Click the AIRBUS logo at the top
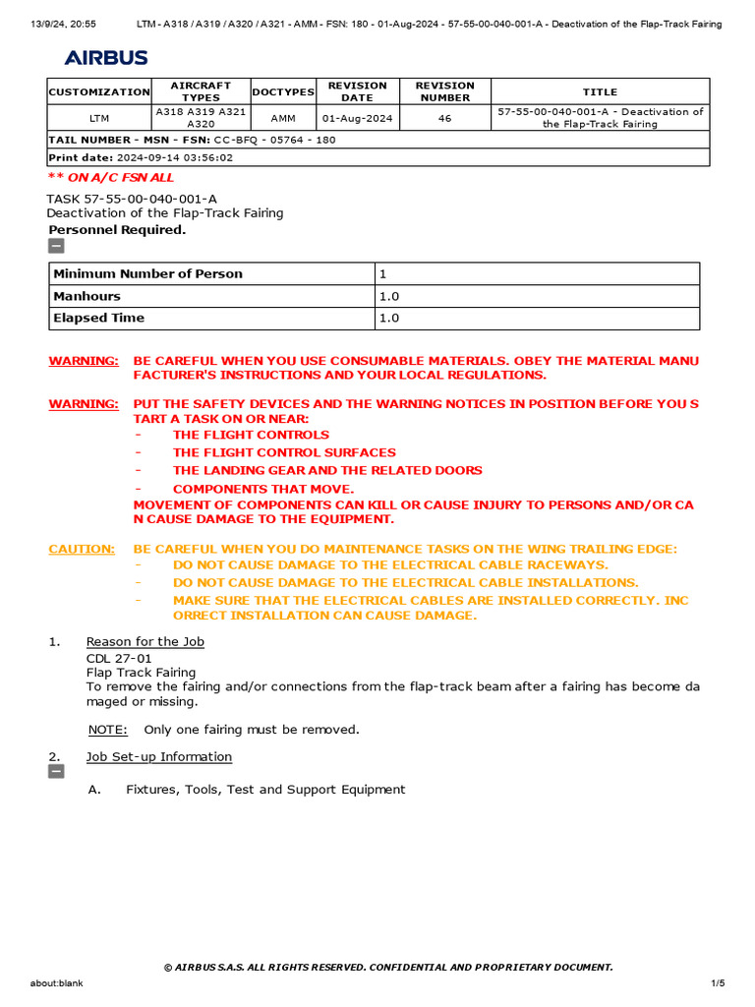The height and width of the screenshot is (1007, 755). click(106, 58)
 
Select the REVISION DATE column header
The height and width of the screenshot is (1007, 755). click(357, 91)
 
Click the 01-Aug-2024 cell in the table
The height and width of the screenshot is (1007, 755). click(357, 118)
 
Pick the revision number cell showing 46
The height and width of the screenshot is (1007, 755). click(444, 118)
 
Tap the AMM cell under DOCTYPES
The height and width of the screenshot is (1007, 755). click(283, 118)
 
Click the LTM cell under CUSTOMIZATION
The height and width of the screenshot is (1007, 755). click(99, 118)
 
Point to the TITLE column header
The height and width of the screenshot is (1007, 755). click(600, 91)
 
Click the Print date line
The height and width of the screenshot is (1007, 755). click(141, 157)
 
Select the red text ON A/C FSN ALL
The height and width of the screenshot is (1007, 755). click(111, 177)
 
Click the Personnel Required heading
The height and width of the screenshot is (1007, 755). click(117, 230)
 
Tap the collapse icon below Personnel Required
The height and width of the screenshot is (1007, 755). click(56, 246)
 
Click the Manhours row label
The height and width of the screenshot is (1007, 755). click(87, 296)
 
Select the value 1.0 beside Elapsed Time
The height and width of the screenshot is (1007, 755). click(389, 318)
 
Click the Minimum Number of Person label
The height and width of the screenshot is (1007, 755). click(147, 273)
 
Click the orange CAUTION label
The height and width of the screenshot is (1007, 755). click(82, 549)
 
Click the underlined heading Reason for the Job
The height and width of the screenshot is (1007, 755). click(145, 642)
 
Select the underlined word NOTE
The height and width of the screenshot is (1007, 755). click(107, 730)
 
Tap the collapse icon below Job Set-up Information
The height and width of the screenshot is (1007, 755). click(56, 772)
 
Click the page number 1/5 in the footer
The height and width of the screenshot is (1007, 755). click(718, 983)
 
